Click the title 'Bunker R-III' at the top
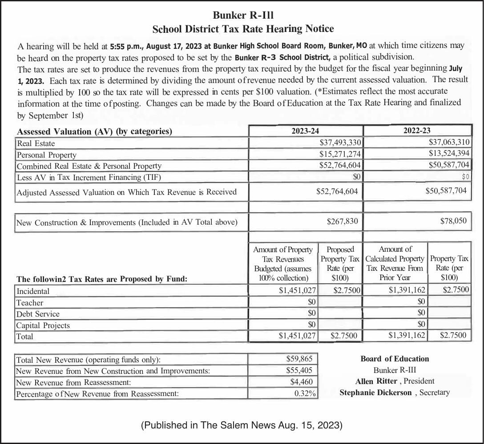(x=243, y=15)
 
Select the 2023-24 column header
(x=305, y=131)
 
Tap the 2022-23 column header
(x=416, y=131)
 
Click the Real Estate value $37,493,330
(x=340, y=143)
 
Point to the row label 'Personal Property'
(x=46, y=155)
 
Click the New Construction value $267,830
(x=342, y=221)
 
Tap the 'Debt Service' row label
(x=38, y=314)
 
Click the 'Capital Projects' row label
(x=43, y=325)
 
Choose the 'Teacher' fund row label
(x=30, y=303)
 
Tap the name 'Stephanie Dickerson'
(x=376, y=392)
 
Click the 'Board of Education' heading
(x=395, y=359)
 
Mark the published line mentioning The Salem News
(x=242, y=425)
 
